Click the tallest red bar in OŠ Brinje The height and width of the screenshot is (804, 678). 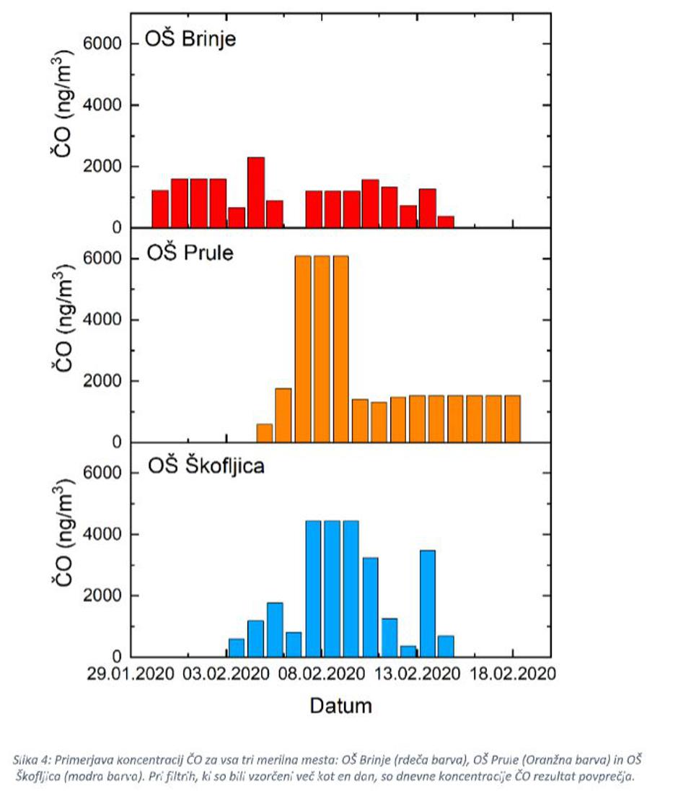[256, 193]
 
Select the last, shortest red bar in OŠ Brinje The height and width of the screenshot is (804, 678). [446, 222]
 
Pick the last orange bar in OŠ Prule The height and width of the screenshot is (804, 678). [512, 419]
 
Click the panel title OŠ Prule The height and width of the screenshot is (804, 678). [190, 253]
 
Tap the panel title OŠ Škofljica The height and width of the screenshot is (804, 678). [206, 466]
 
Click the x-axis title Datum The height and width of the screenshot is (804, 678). [341, 705]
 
